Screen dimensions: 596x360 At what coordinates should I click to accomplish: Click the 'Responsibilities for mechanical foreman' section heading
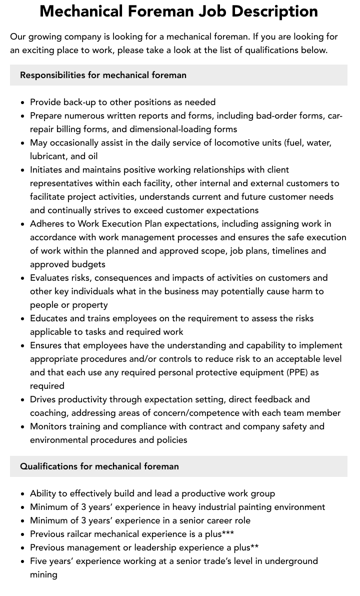(x=103, y=75)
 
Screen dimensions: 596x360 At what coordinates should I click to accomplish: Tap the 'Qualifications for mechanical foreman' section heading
(x=99, y=466)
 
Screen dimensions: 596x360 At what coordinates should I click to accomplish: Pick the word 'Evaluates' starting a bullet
(x=49, y=278)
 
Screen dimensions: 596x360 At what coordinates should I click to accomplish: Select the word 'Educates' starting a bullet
(x=48, y=318)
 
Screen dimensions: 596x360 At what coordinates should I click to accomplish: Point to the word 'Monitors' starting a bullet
(x=48, y=426)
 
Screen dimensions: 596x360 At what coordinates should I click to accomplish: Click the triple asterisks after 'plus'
(x=227, y=533)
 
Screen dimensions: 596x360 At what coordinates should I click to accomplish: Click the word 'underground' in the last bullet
(x=290, y=561)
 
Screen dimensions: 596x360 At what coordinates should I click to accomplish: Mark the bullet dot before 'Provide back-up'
(x=23, y=103)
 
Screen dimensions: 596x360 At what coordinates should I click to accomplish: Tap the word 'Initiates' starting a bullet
(x=46, y=170)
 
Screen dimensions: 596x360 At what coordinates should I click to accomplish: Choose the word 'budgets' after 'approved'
(x=88, y=264)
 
